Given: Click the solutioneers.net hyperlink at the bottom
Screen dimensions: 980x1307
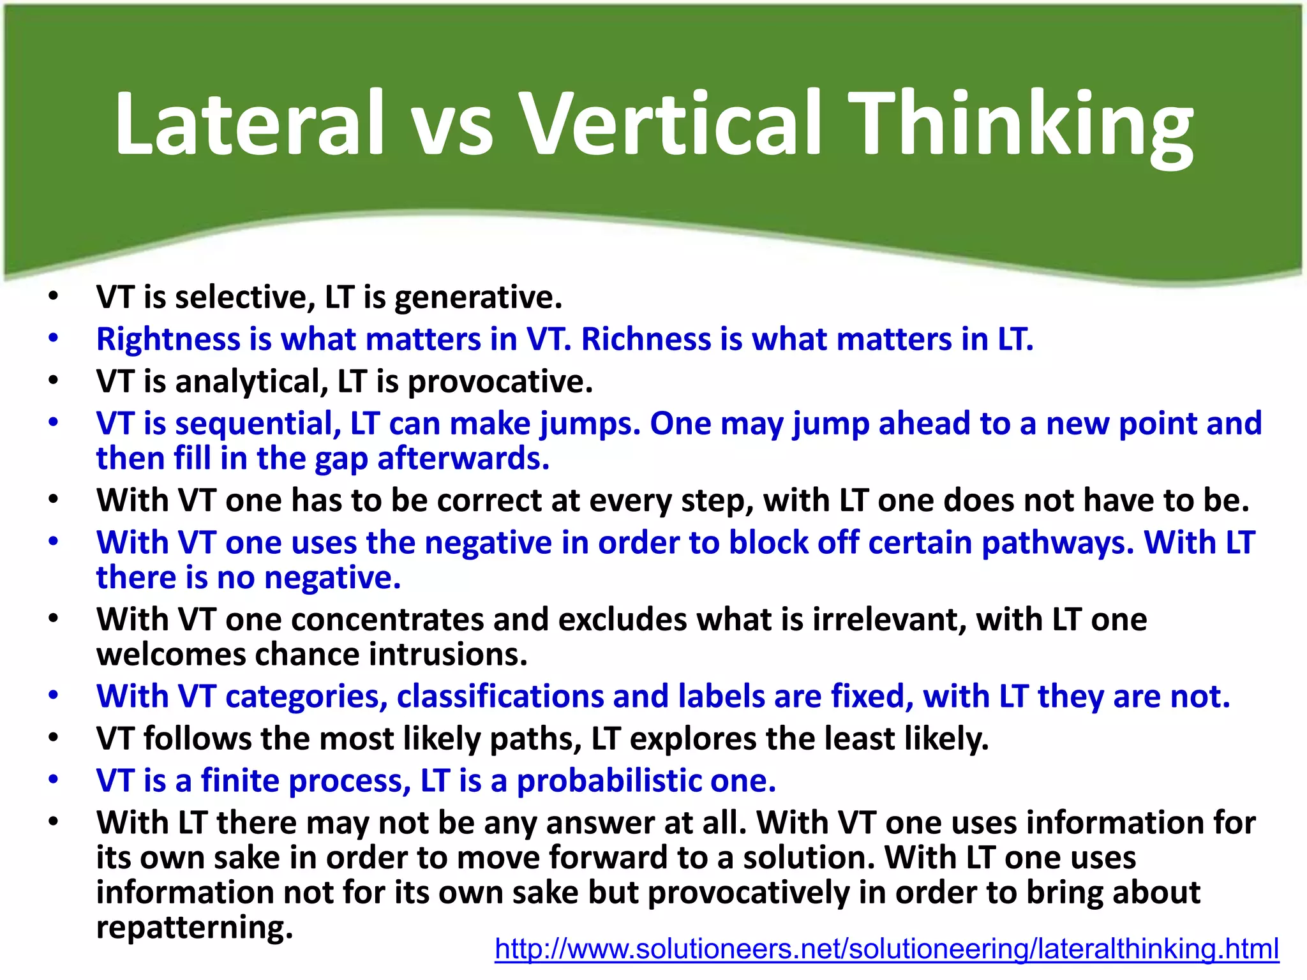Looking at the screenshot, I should point(886,949).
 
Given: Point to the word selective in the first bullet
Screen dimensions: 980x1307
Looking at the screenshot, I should point(245,297).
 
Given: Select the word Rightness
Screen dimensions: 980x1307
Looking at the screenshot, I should point(168,339).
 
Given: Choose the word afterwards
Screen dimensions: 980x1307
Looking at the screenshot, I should point(463,459).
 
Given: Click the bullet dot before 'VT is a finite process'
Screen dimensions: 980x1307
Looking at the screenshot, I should point(54,780).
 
